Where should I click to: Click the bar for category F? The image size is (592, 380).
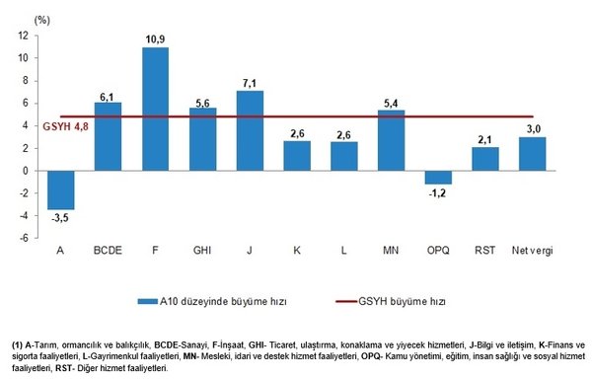point(155,109)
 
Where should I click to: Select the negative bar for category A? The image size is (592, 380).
point(60,190)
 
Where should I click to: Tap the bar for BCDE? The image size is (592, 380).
point(108,135)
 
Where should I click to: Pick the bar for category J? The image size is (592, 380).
point(250,130)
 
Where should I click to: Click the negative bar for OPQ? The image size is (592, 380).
point(439,177)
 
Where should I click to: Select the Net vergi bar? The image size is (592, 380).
point(533,153)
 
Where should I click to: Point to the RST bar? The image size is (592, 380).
point(485,158)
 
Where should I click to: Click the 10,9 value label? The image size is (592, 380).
point(155,39)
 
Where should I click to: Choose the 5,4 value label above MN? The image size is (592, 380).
point(392,101)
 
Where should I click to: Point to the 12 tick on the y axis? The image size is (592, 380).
point(21,36)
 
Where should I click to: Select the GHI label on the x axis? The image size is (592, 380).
point(202,251)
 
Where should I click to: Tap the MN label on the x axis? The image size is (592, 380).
point(392,251)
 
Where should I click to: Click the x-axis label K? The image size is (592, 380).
point(297,251)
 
